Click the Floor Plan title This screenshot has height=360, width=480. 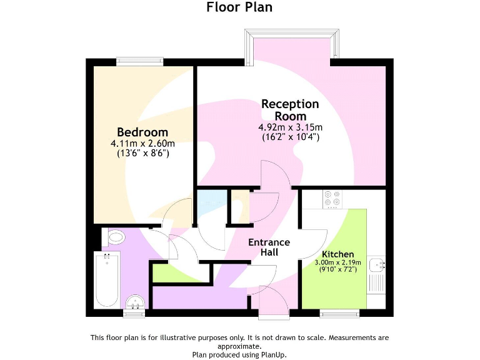click(239, 7)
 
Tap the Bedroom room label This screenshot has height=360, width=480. click(142, 132)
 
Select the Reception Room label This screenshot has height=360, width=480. click(290, 109)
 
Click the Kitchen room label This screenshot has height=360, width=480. click(338, 254)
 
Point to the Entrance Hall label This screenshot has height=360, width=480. click(269, 247)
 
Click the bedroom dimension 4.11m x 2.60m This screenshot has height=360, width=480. click(142, 143)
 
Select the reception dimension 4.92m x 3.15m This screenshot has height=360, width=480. click(290, 127)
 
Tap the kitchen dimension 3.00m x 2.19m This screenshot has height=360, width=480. click(338, 263)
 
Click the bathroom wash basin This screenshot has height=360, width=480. click(135, 303)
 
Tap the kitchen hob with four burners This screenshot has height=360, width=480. click(332, 198)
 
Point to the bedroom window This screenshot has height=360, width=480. click(140, 61)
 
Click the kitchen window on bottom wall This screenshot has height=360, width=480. click(339, 312)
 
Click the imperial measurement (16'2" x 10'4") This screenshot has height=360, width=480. click(290, 136)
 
